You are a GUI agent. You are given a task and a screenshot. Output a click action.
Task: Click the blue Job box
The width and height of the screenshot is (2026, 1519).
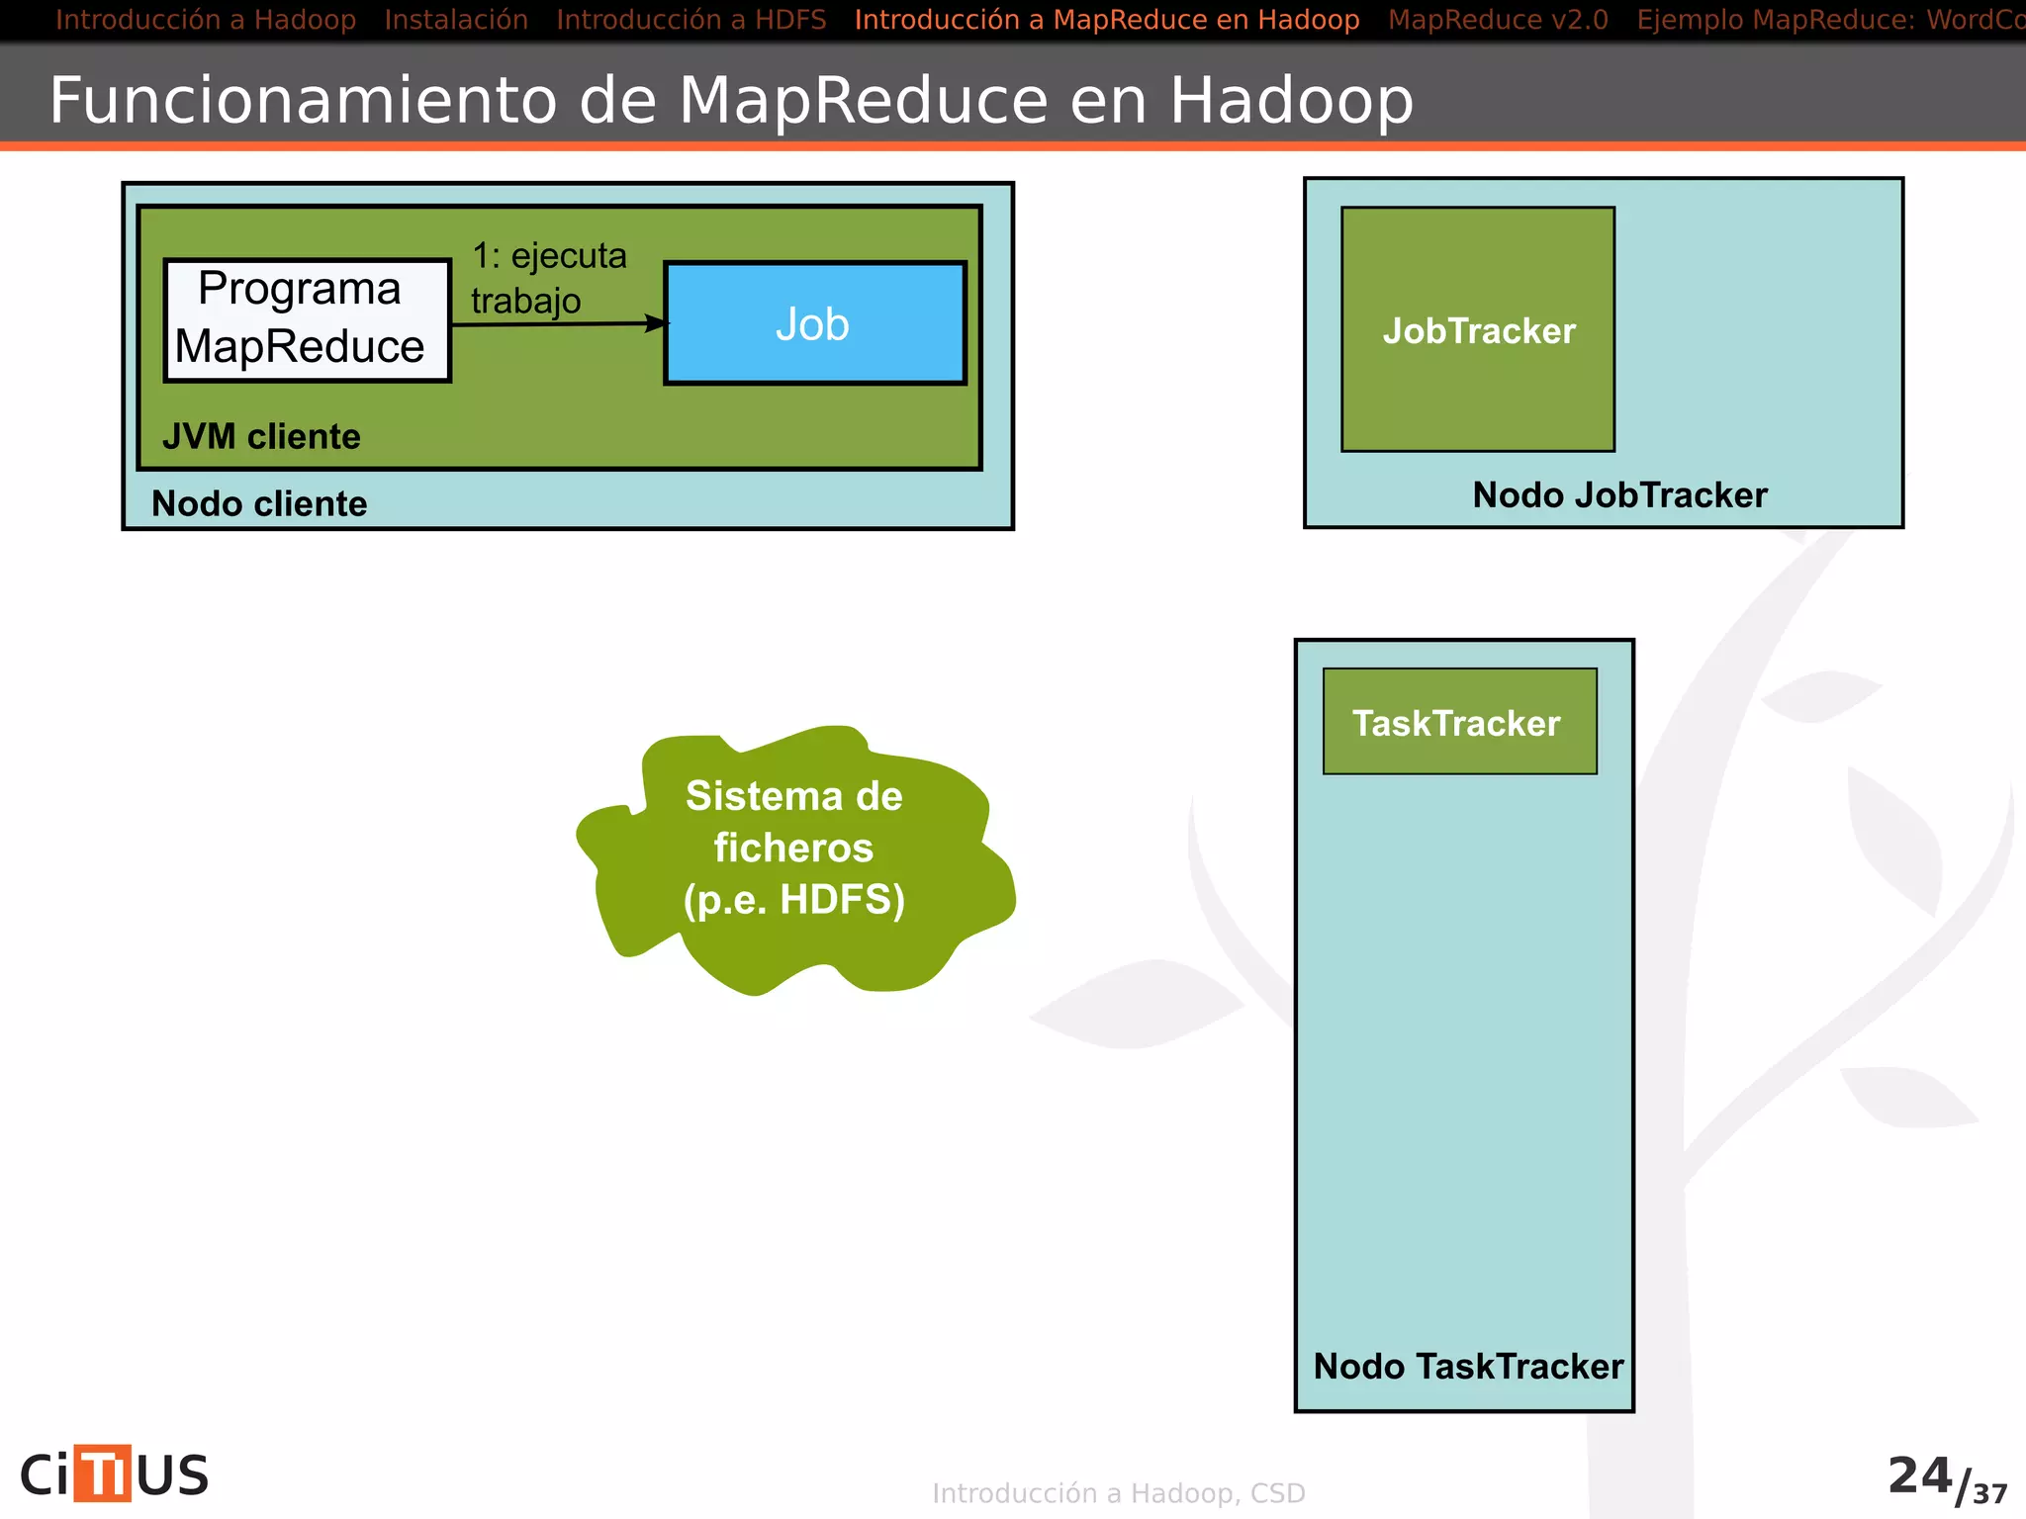tap(814, 323)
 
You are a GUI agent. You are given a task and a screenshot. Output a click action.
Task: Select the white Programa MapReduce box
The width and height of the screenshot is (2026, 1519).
tap(307, 320)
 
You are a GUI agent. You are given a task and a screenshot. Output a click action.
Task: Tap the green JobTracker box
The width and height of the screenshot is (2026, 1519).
tap(1478, 330)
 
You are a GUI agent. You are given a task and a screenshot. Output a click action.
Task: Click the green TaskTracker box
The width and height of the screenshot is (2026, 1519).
tap(1459, 722)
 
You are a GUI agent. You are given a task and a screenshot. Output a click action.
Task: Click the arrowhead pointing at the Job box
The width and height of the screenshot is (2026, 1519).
tap(658, 322)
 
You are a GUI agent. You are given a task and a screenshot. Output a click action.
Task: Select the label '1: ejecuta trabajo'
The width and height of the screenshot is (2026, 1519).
tap(547, 278)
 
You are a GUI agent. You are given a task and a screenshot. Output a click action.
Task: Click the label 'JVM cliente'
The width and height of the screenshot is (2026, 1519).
tap(261, 436)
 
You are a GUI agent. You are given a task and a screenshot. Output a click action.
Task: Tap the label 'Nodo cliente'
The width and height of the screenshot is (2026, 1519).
tap(259, 503)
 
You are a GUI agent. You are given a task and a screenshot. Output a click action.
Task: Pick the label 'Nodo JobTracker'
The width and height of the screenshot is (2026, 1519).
tap(1619, 494)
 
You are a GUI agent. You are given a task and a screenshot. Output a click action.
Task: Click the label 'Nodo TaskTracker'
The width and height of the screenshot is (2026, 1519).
tap(1468, 1366)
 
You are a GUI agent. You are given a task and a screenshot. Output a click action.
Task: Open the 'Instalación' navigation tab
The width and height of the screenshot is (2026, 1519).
tap(456, 20)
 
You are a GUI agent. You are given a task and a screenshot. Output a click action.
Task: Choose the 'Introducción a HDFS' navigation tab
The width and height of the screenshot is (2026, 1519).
tap(691, 20)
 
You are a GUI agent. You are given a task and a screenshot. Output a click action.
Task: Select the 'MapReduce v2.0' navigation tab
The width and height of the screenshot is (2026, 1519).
tap(1498, 20)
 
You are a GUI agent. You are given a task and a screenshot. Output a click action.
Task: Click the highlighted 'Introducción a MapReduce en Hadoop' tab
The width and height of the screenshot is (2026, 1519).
tap(1106, 20)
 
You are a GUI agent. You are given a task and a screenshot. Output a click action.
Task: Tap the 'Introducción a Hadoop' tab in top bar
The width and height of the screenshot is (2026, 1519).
tap(206, 20)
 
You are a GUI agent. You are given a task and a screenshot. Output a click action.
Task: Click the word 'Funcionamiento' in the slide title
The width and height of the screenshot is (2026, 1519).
tap(303, 100)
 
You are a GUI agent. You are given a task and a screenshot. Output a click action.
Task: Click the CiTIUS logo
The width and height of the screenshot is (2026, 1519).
tap(115, 1474)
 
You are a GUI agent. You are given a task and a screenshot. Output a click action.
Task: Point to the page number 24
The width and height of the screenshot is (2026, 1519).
tap(1919, 1475)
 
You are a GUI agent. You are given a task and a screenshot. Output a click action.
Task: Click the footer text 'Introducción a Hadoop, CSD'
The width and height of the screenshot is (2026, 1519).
tap(1118, 1493)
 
